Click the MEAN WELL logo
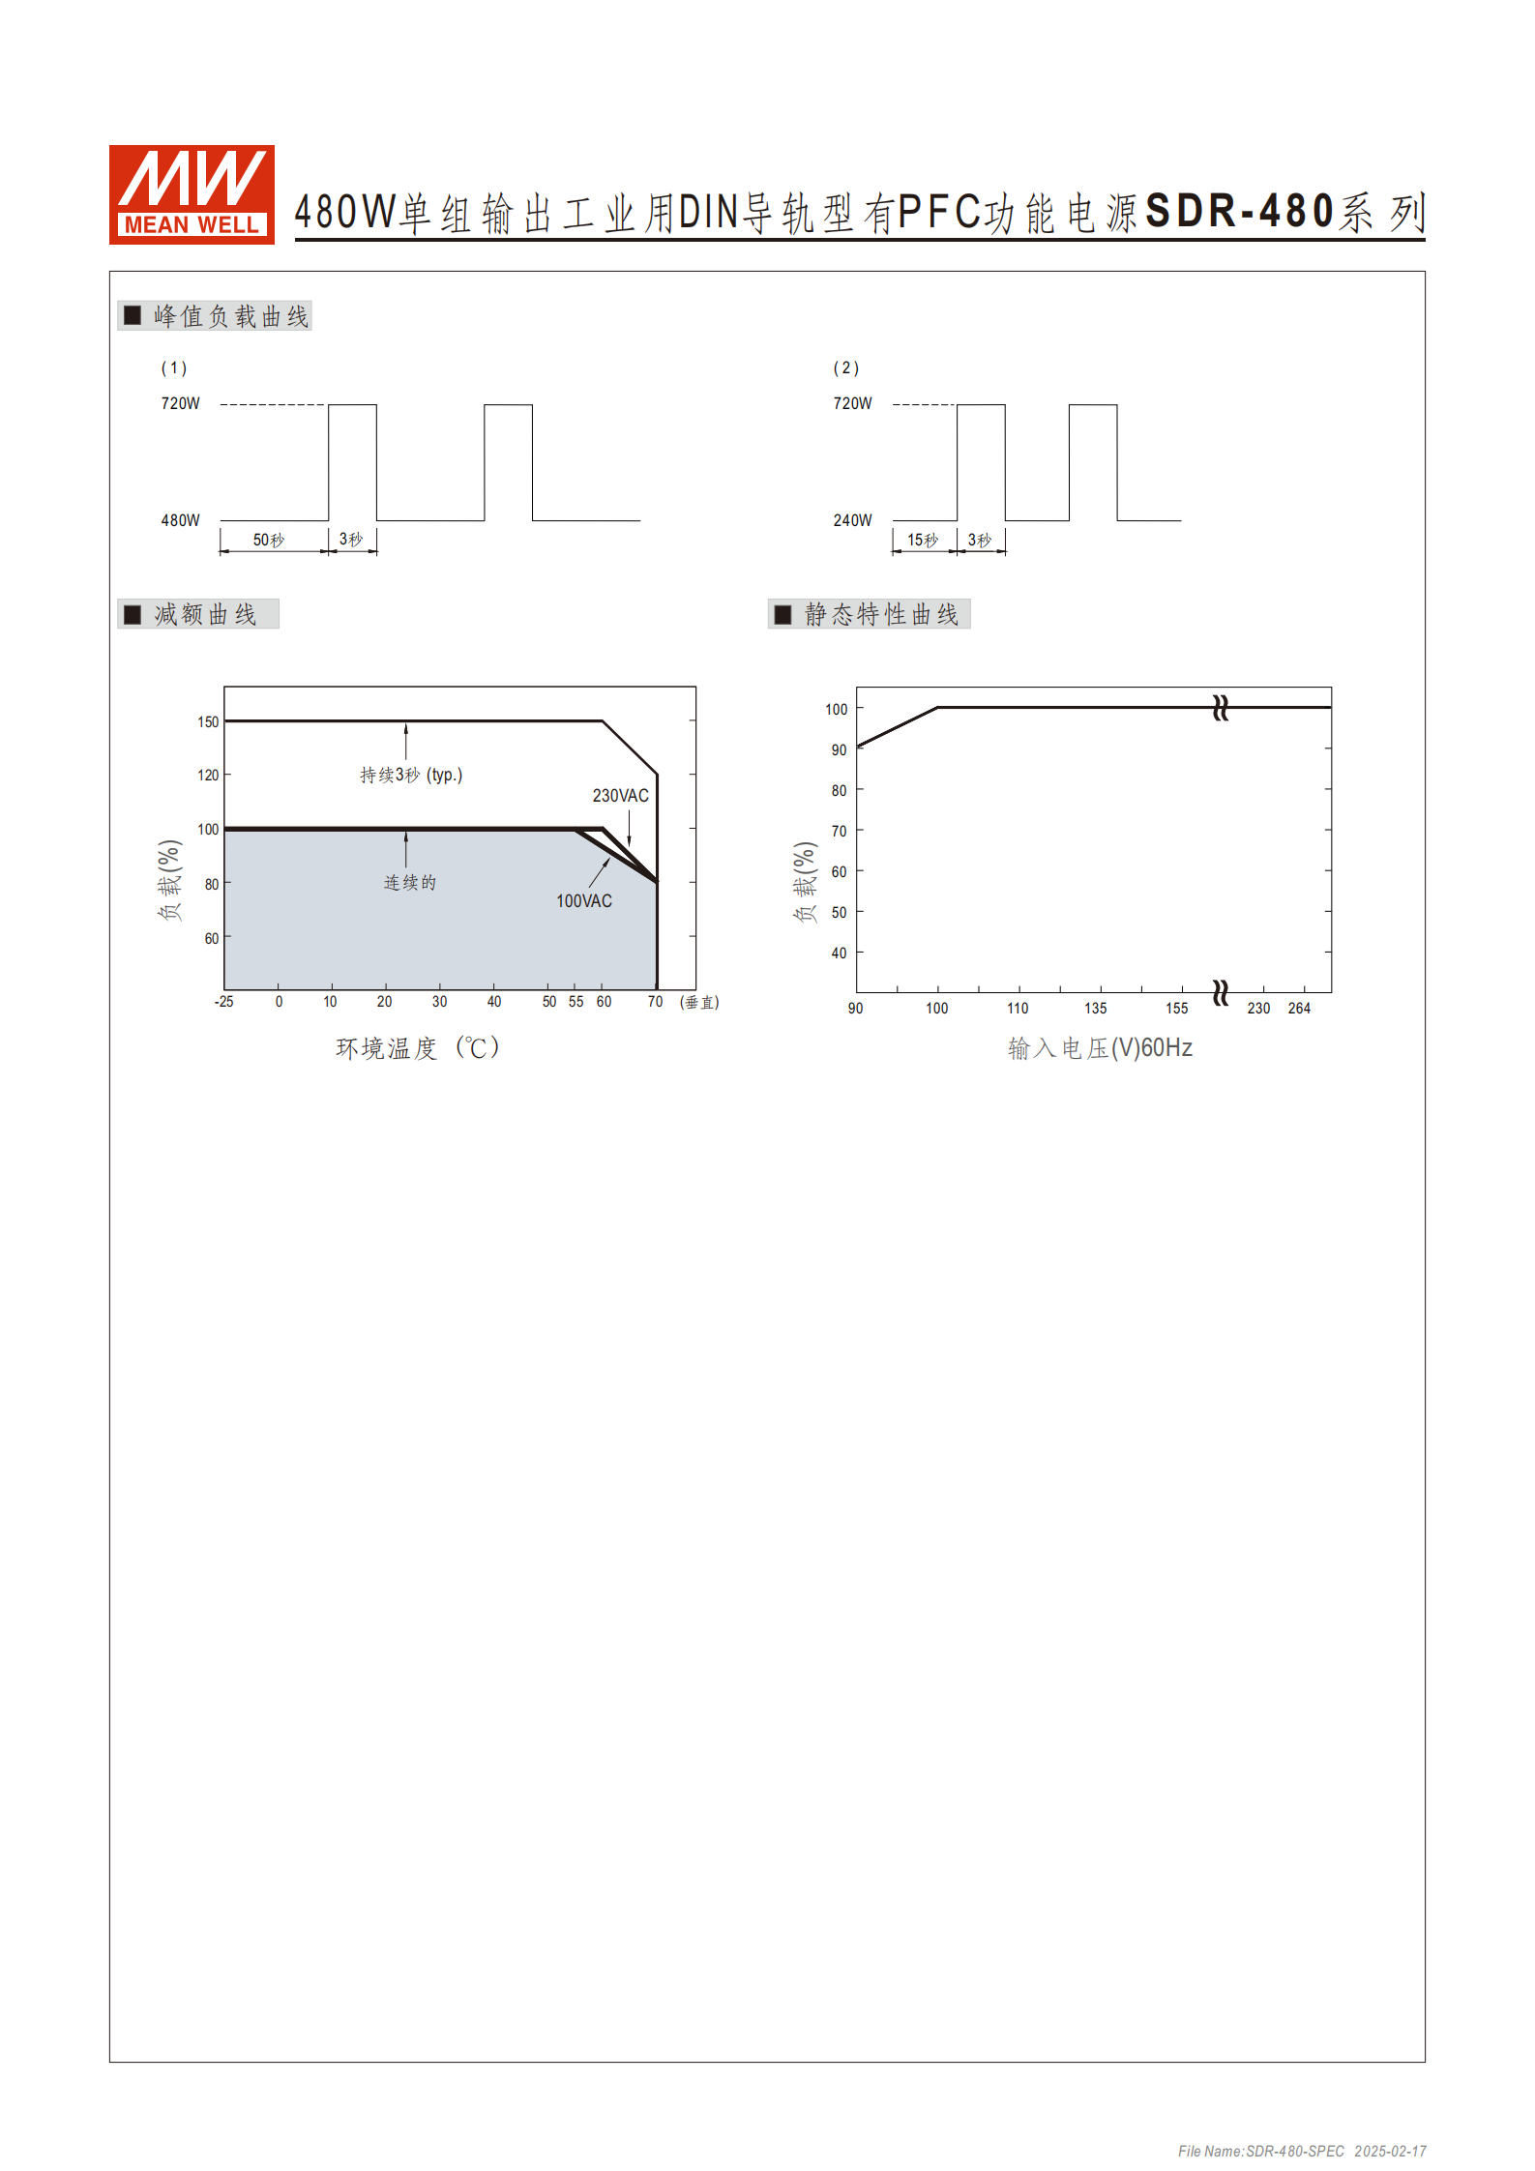click(192, 194)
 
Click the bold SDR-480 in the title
click(1240, 212)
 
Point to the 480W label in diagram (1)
click(180, 520)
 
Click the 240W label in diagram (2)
click(852, 520)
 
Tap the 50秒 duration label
click(269, 540)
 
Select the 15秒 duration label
click(923, 540)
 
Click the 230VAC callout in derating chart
click(621, 796)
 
